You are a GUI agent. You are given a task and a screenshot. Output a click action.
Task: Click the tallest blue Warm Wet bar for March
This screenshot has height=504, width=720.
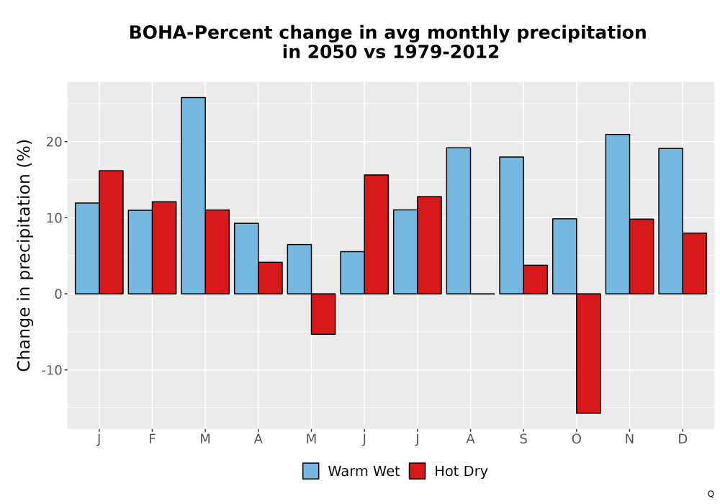[193, 196]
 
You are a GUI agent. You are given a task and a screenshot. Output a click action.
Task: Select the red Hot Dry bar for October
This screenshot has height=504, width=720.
[588, 354]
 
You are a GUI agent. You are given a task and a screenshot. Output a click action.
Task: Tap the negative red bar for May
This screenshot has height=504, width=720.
[323, 314]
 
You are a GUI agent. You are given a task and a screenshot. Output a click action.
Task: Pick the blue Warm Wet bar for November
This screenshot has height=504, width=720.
[618, 214]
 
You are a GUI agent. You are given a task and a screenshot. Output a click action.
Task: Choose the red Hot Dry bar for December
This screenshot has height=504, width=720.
[695, 264]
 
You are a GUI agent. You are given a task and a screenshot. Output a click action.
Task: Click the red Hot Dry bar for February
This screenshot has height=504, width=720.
[164, 248]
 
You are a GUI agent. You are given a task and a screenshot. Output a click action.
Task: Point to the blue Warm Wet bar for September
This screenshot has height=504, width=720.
[511, 225]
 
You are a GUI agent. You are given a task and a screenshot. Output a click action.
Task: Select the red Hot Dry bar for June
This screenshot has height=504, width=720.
[376, 234]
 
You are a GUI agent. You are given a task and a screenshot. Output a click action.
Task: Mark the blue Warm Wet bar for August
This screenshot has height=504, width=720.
[458, 221]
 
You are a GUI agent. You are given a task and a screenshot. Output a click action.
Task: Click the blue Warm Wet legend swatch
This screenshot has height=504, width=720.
[311, 471]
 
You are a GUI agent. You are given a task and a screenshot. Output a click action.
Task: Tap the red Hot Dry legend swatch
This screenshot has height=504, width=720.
[417, 471]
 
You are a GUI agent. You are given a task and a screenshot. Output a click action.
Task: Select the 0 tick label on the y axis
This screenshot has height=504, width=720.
[58, 294]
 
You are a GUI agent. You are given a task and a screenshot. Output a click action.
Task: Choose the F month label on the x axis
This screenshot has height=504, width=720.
[152, 439]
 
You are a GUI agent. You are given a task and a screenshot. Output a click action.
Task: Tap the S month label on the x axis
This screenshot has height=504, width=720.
[523, 439]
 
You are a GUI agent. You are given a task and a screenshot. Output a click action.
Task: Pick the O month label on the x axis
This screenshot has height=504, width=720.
[576, 439]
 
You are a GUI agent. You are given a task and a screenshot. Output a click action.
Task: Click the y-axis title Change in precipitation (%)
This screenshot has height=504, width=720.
[24, 255]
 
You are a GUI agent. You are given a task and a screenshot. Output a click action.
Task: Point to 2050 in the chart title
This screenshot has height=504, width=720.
[332, 52]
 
